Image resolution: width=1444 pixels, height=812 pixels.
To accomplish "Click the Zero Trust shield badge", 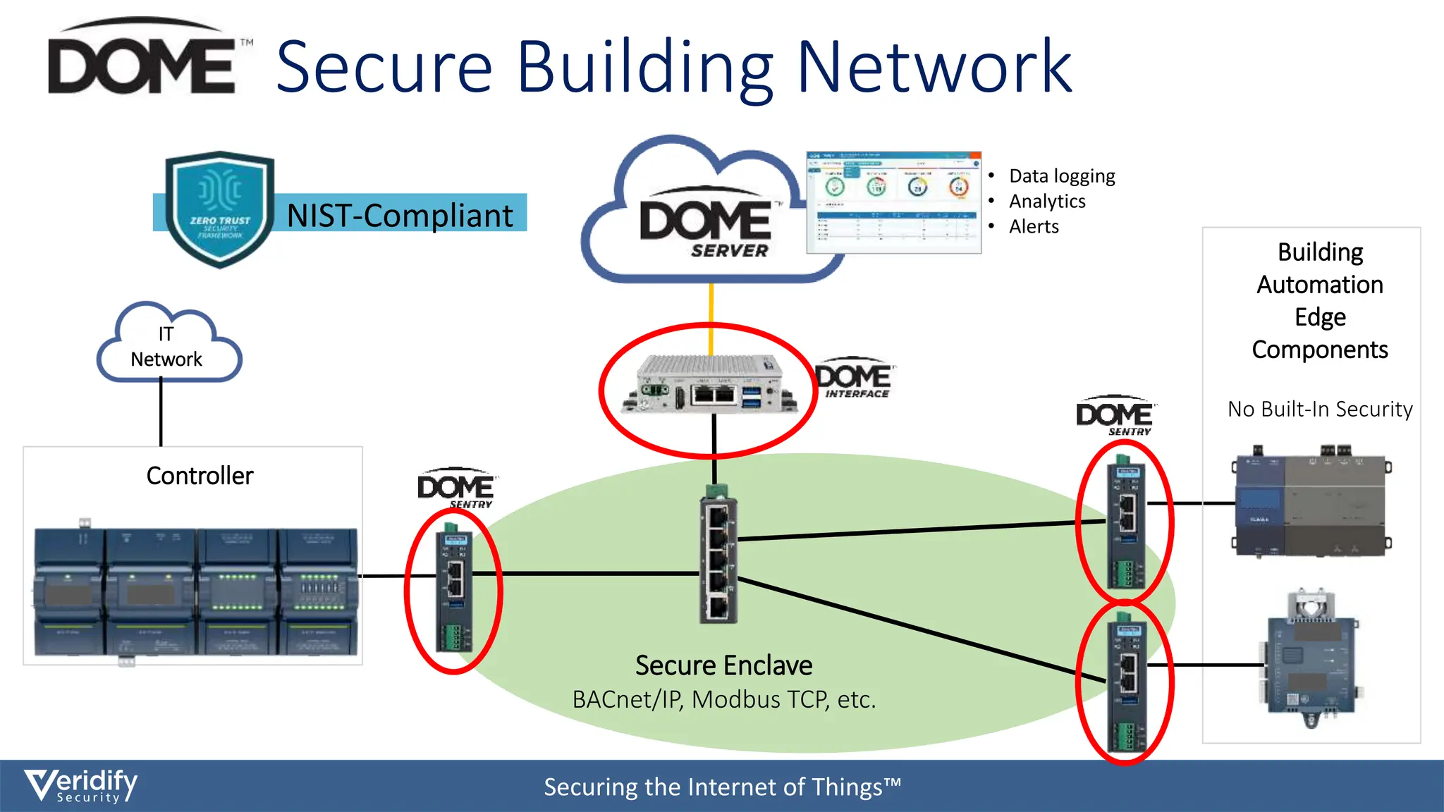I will [x=219, y=209].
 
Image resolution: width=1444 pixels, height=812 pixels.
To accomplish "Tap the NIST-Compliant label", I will [x=400, y=215].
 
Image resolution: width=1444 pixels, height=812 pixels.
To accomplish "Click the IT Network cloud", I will [x=168, y=346].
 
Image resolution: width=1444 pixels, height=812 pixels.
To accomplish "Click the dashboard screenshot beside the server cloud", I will [x=893, y=202].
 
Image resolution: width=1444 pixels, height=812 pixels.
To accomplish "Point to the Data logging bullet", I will [x=1061, y=176].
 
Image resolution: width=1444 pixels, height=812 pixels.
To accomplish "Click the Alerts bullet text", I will [x=1033, y=227].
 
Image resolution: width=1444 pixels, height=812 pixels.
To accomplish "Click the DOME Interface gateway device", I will [x=709, y=385].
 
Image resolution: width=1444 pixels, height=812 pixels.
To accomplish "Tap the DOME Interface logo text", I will [x=854, y=381].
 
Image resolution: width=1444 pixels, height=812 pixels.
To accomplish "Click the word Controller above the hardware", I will [x=200, y=476].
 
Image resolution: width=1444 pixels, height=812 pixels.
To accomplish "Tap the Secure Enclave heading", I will [x=723, y=665].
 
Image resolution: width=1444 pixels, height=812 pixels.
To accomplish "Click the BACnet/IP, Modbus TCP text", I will [x=723, y=700].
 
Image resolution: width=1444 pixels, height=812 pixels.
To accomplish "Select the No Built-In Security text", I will [x=1319, y=410].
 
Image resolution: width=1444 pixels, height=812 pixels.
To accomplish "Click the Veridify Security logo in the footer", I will [x=81, y=785].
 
